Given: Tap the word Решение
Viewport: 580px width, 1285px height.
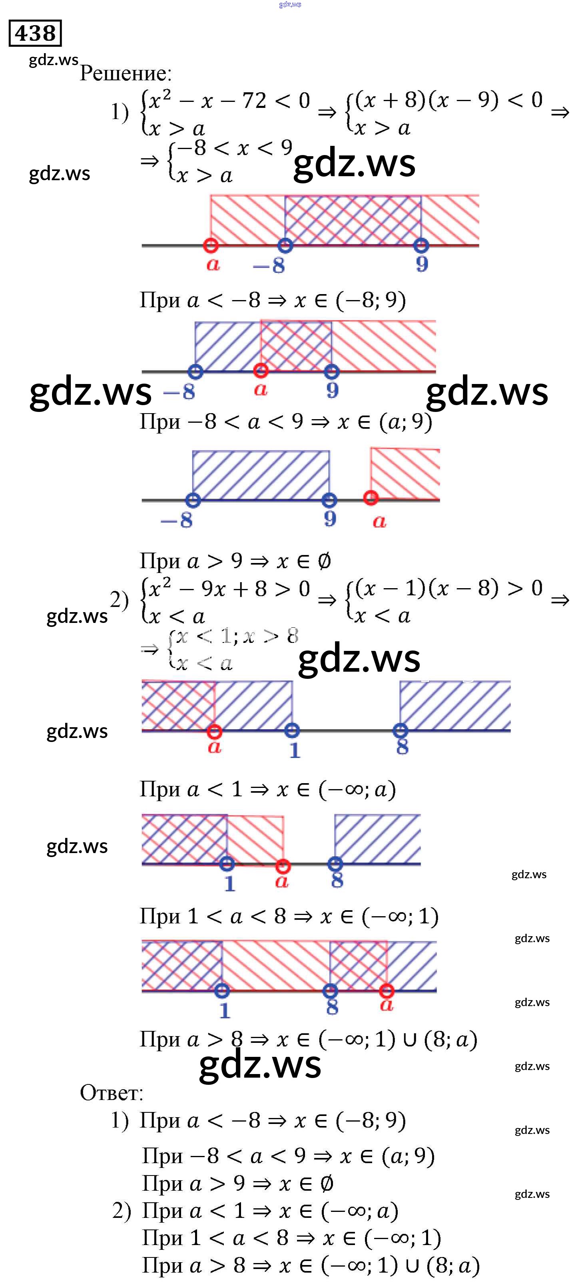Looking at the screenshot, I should (125, 74).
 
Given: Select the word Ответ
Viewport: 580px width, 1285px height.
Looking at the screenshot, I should (111, 1092).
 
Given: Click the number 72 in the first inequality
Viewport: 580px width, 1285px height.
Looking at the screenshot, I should (254, 101).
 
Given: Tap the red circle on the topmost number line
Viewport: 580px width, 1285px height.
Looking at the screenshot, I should (211, 245).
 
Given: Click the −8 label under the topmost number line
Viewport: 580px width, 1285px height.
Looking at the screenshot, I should (269, 265).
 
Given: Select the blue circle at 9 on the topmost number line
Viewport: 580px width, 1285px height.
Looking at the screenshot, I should (422, 245).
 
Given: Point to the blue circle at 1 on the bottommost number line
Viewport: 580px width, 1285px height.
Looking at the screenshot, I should (222, 991).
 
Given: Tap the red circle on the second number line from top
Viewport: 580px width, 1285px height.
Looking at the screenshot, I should (261, 371).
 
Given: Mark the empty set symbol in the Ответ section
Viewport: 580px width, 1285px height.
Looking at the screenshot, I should (327, 1184).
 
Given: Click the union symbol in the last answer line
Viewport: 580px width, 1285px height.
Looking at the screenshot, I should (409, 1265).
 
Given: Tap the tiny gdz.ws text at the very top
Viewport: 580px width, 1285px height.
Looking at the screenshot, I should (290, 4).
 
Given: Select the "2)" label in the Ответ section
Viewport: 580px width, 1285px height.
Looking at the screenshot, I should (121, 1211).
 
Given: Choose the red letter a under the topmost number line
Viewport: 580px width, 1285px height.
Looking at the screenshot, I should (213, 265).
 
